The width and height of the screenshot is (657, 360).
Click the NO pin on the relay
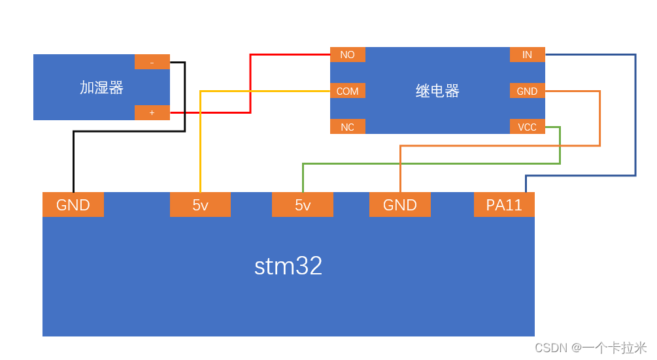tap(347, 55)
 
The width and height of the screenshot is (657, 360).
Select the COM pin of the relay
tap(347, 91)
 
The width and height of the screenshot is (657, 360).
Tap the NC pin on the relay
tap(347, 127)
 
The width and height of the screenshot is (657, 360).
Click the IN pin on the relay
tap(527, 55)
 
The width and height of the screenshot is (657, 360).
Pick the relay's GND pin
tap(527, 91)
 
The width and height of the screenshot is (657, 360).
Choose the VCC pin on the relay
tap(527, 127)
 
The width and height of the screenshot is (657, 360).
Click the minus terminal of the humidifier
tap(152, 62)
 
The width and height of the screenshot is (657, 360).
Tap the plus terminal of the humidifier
tap(152, 112)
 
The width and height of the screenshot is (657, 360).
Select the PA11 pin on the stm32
tap(504, 205)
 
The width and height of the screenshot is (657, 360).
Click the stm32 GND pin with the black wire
tap(73, 205)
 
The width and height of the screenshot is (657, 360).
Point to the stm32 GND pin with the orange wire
tap(400, 205)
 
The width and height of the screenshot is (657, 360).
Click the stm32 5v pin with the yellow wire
tap(200, 205)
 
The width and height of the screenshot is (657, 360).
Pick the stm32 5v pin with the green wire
tap(303, 205)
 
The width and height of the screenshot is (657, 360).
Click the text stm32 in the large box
tap(288, 267)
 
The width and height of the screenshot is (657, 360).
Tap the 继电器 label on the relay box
tap(437, 91)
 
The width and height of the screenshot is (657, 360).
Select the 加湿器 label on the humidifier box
tap(101, 88)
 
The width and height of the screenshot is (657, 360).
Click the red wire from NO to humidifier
tap(250, 85)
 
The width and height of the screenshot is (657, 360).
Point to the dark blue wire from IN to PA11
tap(635, 118)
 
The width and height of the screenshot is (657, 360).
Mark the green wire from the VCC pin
tap(431, 163)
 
